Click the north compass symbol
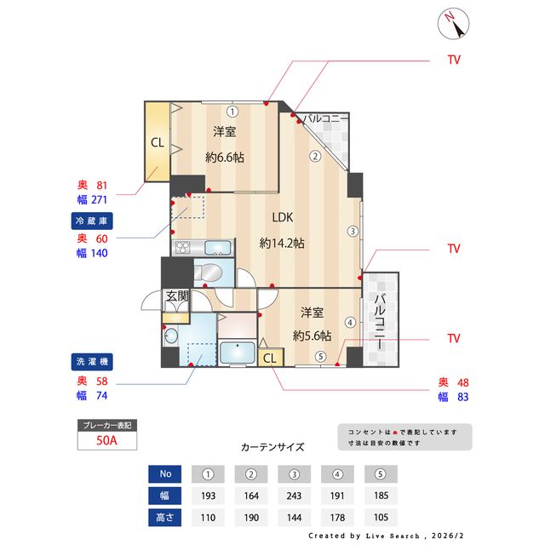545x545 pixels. coord(453,23)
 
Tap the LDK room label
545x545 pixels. coord(283,216)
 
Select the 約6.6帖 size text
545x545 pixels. coord(225,158)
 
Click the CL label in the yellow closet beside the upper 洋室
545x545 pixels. coord(158,142)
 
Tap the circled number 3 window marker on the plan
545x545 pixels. coord(351,231)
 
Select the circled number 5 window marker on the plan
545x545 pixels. coord(320,357)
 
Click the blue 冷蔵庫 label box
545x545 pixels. coord(93,221)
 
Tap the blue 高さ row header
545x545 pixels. coord(165,517)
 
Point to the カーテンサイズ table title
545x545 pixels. coord(272,446)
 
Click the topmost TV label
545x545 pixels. coord(453,60)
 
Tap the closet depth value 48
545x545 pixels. coord(462,381)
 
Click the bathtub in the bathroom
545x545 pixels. coord(237,353)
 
